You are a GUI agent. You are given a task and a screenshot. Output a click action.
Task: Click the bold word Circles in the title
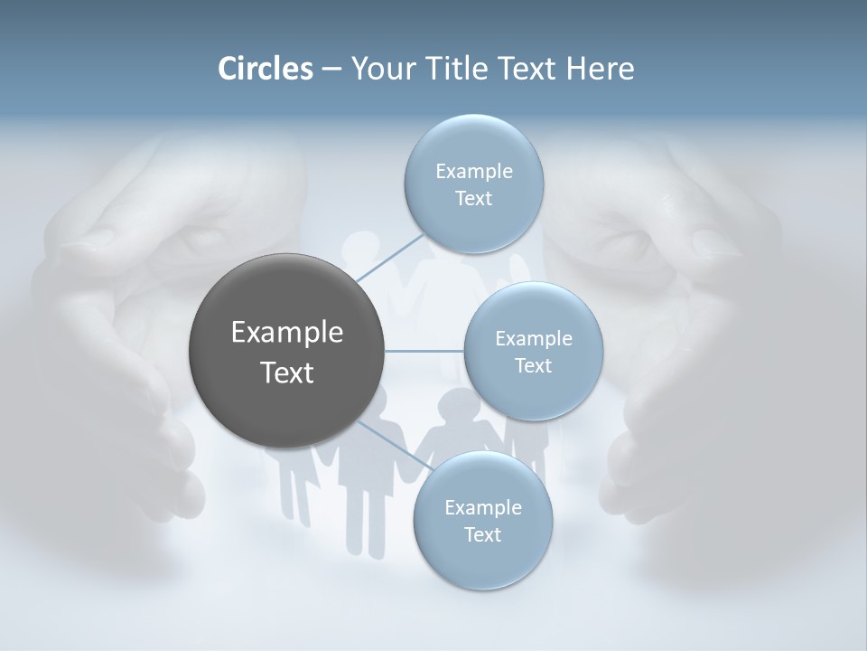coord(266,69)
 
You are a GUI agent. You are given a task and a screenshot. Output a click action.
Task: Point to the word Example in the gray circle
coord(287,333)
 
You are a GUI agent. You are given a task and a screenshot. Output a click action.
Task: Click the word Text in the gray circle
coord(287,373)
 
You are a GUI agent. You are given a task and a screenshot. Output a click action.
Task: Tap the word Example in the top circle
coord(474,172)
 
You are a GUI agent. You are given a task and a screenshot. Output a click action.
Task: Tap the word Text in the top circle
coord(473,199)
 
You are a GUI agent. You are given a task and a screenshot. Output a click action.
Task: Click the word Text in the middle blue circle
coord(533,366)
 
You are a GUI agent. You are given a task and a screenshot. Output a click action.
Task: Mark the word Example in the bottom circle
coord(483,508)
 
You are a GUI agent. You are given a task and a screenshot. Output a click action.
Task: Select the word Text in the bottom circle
coord(482,535)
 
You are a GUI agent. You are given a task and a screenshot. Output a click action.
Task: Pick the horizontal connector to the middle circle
coord(424,351)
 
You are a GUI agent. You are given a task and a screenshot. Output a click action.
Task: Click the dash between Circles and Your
coord(331,69)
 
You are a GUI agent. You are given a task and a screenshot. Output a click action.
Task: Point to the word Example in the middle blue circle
coord(534,339)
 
